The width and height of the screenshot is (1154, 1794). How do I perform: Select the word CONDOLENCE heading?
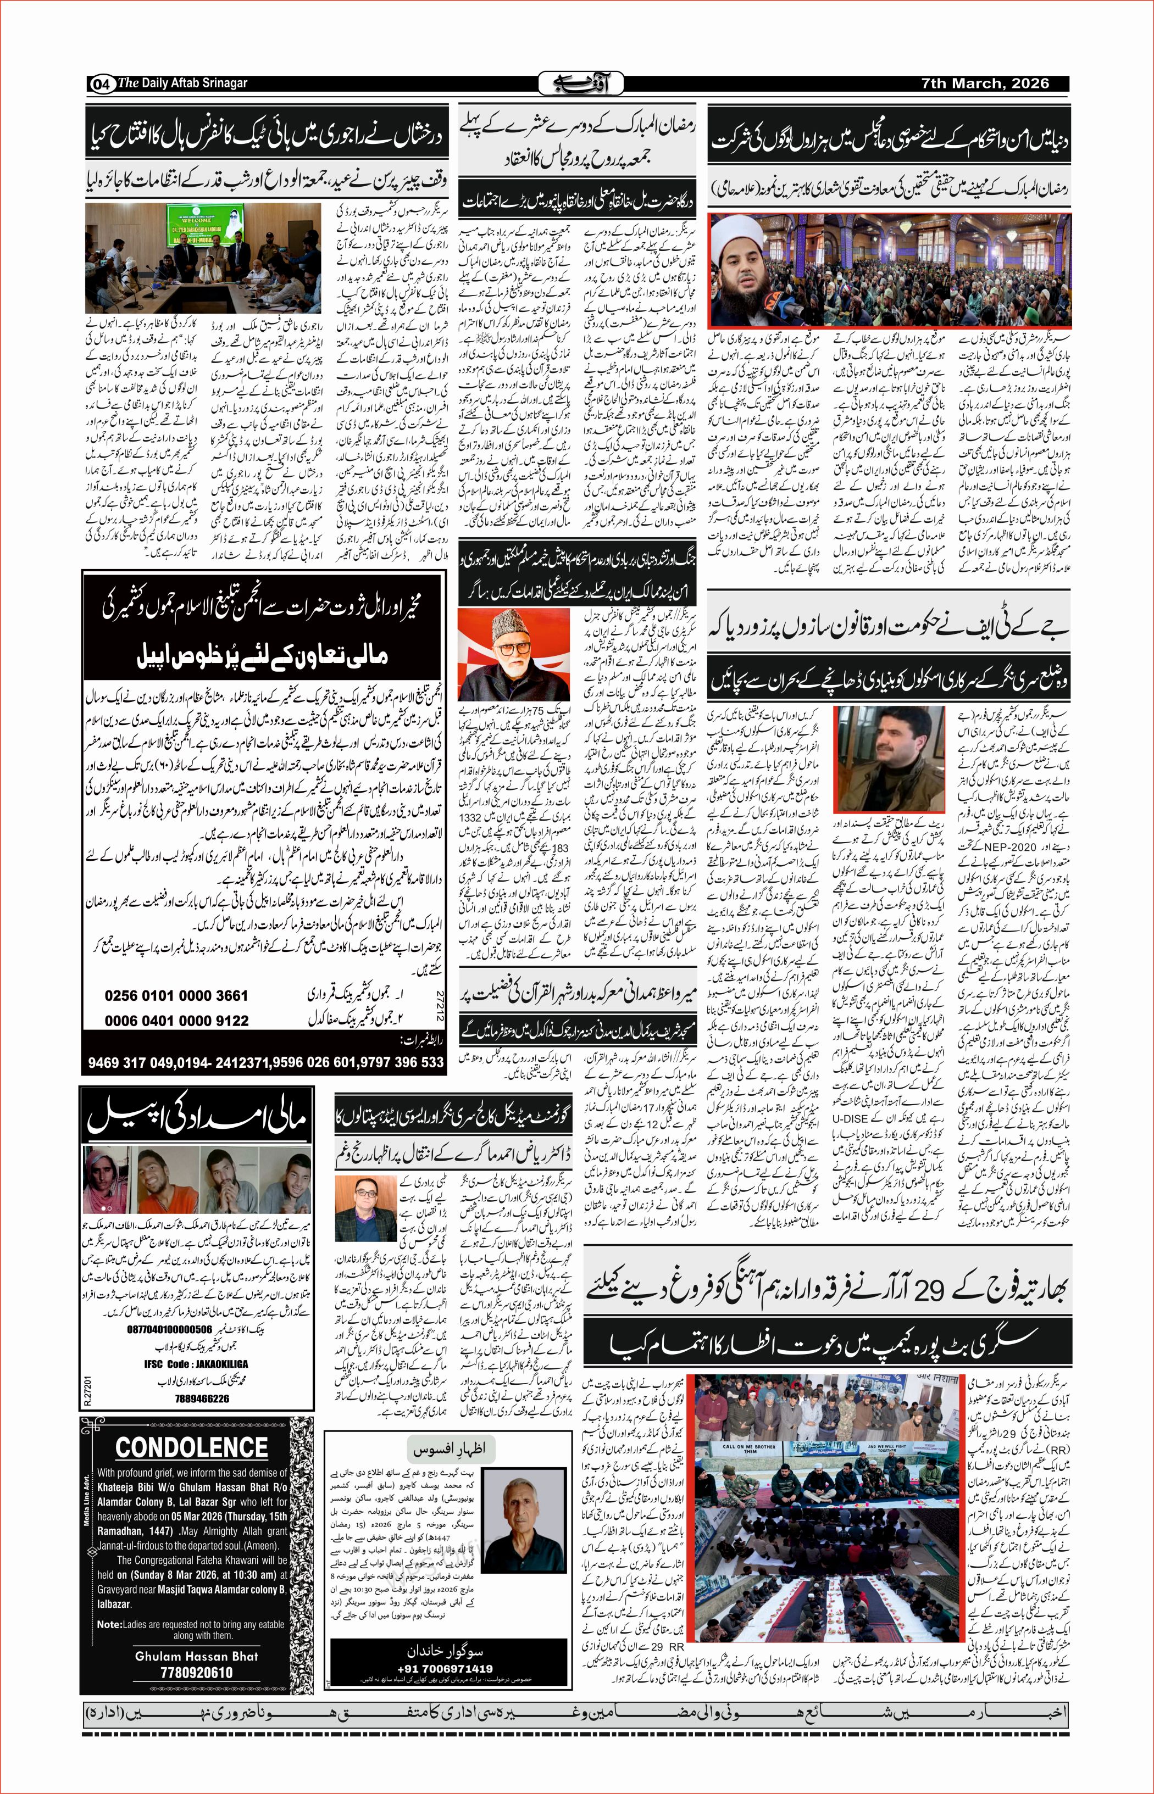(191, 1446)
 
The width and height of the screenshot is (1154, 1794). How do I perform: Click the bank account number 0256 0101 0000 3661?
(176, 995)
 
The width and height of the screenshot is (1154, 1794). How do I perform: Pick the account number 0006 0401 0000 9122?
(176, 1020)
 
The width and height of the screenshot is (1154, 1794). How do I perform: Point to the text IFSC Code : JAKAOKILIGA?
(196, 1364)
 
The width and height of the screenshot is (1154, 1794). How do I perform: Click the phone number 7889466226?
(202, 1398)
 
